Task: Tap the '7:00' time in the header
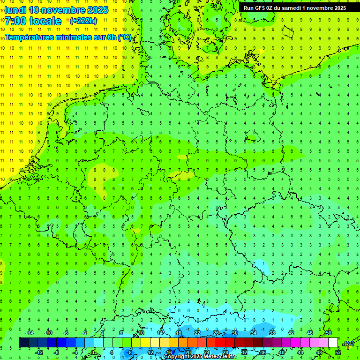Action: [15, 21]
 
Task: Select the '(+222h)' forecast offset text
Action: [83, 21]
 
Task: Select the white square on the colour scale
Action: [333, 343]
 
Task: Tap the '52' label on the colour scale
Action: [338, 352]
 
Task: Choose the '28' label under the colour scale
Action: [225, 352]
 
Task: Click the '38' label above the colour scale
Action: [272, 333]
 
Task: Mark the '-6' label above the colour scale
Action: [66, 333]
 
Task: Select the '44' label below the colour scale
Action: [300, 352]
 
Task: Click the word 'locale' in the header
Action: [45, 21]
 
